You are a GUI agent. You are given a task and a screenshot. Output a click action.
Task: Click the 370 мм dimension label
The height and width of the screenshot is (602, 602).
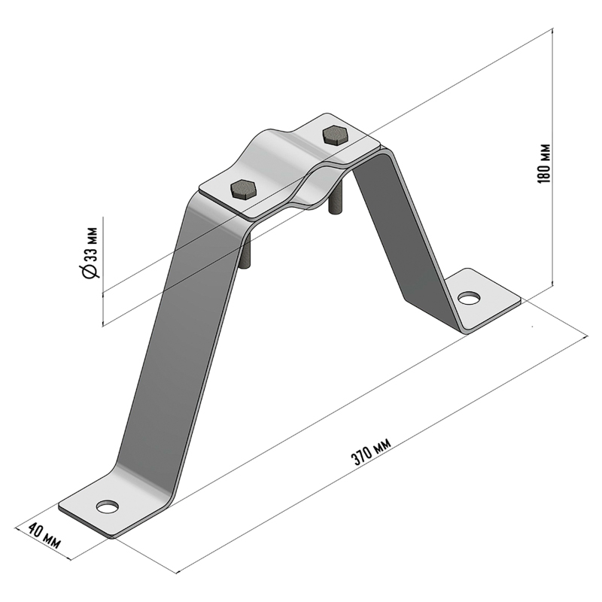pyautogui.click(x=371, y=451)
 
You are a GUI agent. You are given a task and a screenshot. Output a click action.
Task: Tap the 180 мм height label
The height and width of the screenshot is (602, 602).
pyautogui.click(x=544, y=163)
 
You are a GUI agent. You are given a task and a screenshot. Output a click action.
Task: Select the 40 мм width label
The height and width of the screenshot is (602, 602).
pyautogui.click(x=44, y=535)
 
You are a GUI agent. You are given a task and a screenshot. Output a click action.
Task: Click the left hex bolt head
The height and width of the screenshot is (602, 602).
pyautogui.click(x=243, y=189)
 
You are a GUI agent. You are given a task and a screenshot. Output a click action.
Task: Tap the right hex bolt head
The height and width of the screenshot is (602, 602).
pyautogui.click(x=336, y=135)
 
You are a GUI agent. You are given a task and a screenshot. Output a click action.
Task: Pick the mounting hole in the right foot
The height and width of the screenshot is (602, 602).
pyautogui.click(x=469, y=297)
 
